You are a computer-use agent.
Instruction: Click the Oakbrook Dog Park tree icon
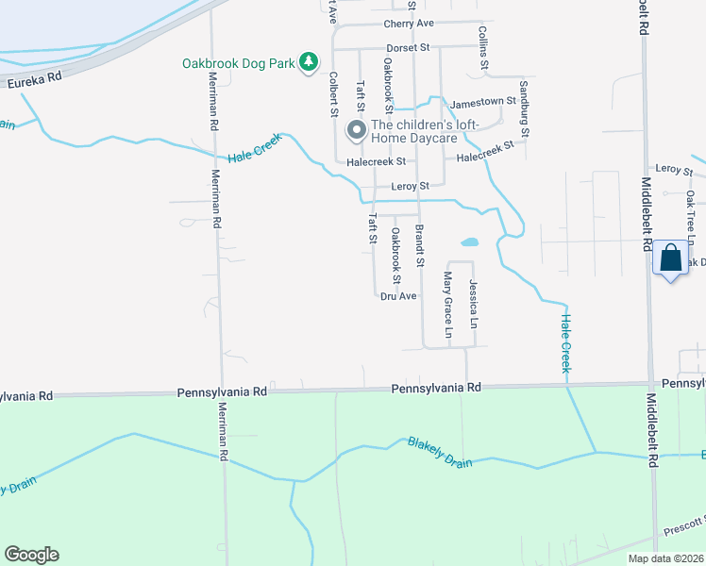[308, 62]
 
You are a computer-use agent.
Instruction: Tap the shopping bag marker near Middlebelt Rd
[670, 258]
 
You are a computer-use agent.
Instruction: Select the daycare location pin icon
[356, 130]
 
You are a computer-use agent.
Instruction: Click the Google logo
[31, 555]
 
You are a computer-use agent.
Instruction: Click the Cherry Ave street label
[408, 24]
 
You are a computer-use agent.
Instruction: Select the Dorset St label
[407, 47]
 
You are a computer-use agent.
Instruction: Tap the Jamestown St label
[484, 101]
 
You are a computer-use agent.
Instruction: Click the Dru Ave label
[398, 295]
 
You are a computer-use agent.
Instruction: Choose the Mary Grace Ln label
[448, 305]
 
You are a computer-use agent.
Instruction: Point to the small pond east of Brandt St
[469, 241]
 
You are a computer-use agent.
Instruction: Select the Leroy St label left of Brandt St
[410, 186]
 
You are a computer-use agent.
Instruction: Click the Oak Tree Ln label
[691, 212]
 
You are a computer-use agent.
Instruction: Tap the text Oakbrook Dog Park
[239, 63]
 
